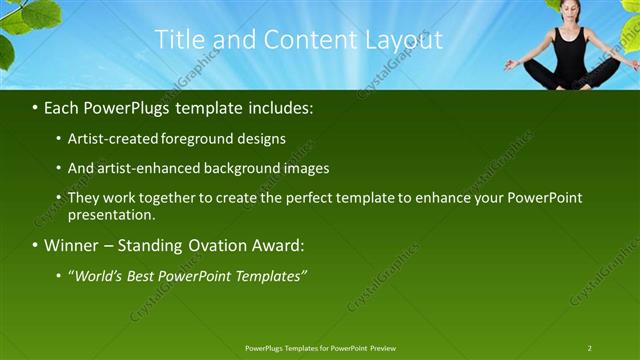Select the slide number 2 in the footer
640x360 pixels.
tap(590, 348)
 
